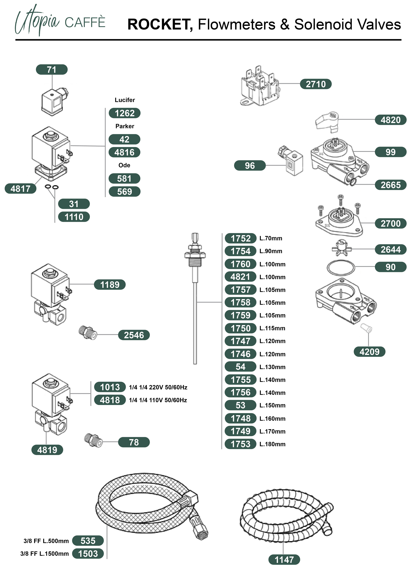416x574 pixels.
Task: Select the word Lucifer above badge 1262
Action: tap(125, 100)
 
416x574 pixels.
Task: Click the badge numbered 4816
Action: tap(124, 152)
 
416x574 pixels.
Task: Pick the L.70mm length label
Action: tap(271, 238)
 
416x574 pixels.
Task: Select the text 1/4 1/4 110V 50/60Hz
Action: tap(158, 400)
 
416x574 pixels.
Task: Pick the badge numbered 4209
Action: tap(369, 352)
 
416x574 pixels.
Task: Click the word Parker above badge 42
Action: tap(125, 126)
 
